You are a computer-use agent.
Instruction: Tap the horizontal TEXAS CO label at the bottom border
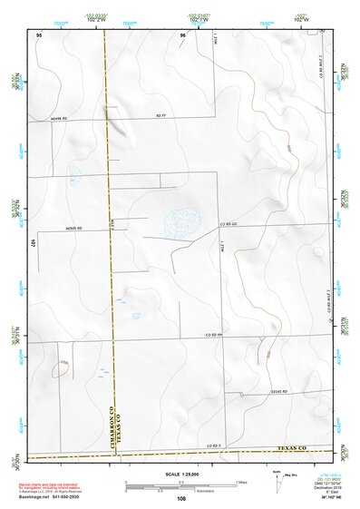point(290,448)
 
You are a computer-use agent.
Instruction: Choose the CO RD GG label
point(227,223)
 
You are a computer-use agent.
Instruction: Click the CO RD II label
point(214,445)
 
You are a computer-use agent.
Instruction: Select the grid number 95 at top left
point(39,34)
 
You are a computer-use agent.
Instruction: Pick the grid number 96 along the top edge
point(182,34)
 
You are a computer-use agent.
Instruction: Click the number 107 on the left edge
point(34,243)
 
